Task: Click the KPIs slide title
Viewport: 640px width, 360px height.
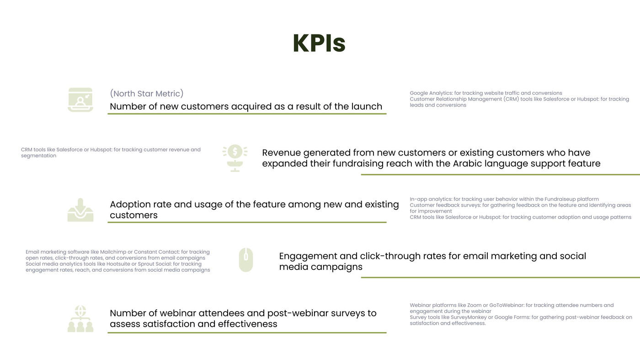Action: point(319,43)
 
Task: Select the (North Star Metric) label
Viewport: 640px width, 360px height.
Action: point(147,93)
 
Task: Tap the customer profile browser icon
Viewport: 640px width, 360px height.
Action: point(80,100)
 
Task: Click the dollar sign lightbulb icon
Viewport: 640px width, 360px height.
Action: point(235,158)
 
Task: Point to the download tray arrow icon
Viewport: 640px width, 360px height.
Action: point(80,210)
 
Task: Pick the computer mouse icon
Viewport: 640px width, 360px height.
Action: point(246,260)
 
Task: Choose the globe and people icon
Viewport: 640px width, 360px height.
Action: point(80,318)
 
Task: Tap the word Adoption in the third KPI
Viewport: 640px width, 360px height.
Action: point(130,204)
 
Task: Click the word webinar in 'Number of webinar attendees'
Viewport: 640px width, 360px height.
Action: point(177,313)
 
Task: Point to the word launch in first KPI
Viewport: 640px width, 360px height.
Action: point(367,107)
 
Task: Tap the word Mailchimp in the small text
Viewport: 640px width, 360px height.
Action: point(113,252)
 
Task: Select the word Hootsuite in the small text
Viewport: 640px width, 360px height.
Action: point(118,264)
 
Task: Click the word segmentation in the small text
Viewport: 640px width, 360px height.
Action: point(38,156)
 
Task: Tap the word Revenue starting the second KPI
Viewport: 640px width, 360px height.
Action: point(281,153)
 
